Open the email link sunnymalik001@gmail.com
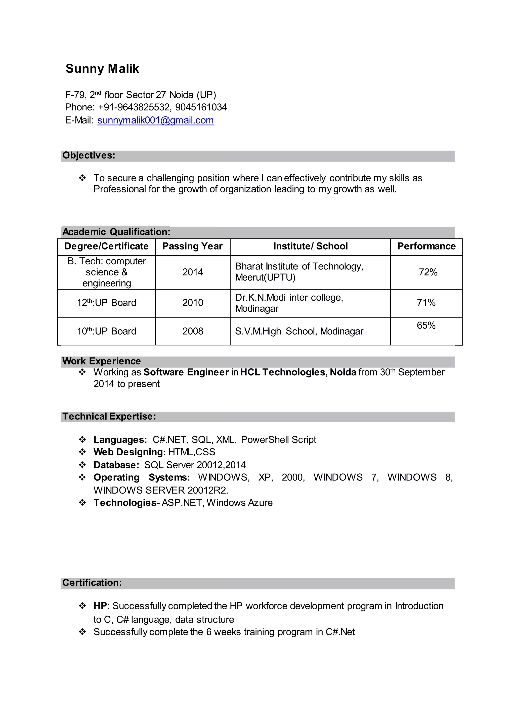pyautogui.click(x=155, y=120)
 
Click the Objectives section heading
pyautogui.click(x=89, y=155)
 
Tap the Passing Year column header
pyautogui.click(x=192, y=246)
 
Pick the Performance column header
pyautogui.click(x=426, y=246)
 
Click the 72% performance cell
pyautogui.click(x=428, y=272)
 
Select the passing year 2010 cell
pyautogui.click(x=192, y=303)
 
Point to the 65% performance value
pyautogui.click(x=426, y=326)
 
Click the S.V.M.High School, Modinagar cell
pyautogui.click(x=299, y=331)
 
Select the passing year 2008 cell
pyautogui.click(x=192, y=331)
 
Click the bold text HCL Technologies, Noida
pyautogui.click(x=298, y=372)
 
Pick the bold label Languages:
pyautogui.click(x=120, y=440)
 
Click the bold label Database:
pyautogui.click(x=116, y=465)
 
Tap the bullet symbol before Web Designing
pyautogui.click(x=82, y=452)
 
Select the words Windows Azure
pyautogui.click(x=239, y=503)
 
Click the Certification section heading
pyautogui.click(x=92, y=583)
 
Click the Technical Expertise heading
pyautogui.click(x=109, y=417)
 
